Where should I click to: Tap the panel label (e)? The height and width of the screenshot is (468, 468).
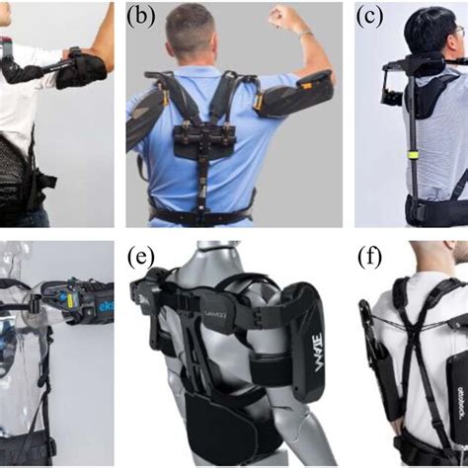pyautogui.click(x=142, y=259)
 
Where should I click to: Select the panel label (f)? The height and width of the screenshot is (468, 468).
pyautogui.click(x=371, y=259)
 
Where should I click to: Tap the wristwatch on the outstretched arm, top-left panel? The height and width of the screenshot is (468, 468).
pyautogui.click(x=75, y=51)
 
